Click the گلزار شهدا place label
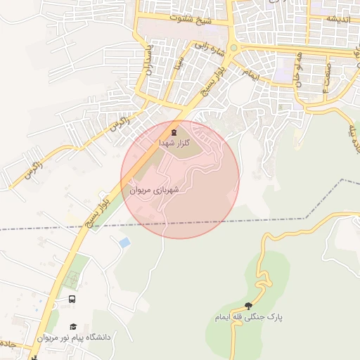174,143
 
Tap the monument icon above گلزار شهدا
174,131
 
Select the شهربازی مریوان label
155,190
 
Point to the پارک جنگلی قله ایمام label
249,317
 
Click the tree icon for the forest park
248,306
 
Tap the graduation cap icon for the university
73,327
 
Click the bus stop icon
72,299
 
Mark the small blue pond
124,243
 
